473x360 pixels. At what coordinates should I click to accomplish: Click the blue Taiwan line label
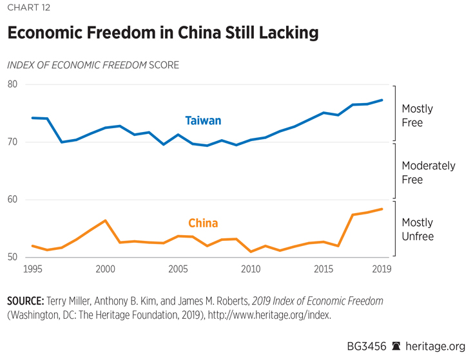click(x=203, y=120)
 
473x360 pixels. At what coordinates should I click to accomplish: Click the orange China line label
click(x=203, y=223)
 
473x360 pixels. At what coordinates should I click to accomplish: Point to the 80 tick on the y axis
click(x=13, y=84)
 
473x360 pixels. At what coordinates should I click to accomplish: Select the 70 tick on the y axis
click(x=13, y=142)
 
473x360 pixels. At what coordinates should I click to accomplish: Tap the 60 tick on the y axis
click(x=13, y=200)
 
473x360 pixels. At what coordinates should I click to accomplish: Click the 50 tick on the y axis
click(x=13, y=257)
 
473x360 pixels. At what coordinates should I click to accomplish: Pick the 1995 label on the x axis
click(x=34, y=269)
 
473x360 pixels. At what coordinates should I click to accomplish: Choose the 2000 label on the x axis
click(x=106, y=269)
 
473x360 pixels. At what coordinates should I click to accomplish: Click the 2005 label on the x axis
click(x=178, y=269)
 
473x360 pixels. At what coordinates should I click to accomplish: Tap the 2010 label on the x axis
click(x=251, y=269)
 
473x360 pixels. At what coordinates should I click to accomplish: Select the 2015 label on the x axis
click(x=323, y=269)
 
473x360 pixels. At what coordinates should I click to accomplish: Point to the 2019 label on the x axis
click(x=381, y=269)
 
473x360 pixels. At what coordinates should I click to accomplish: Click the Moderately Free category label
click(x=428, y=173)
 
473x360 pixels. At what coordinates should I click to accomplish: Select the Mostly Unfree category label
click(x=418, y=229)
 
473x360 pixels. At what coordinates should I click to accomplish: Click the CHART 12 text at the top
click(x=28, y=8)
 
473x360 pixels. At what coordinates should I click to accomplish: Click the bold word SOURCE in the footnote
click(x=24, y=301)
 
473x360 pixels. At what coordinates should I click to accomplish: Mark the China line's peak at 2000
click(x=106, y=220)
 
